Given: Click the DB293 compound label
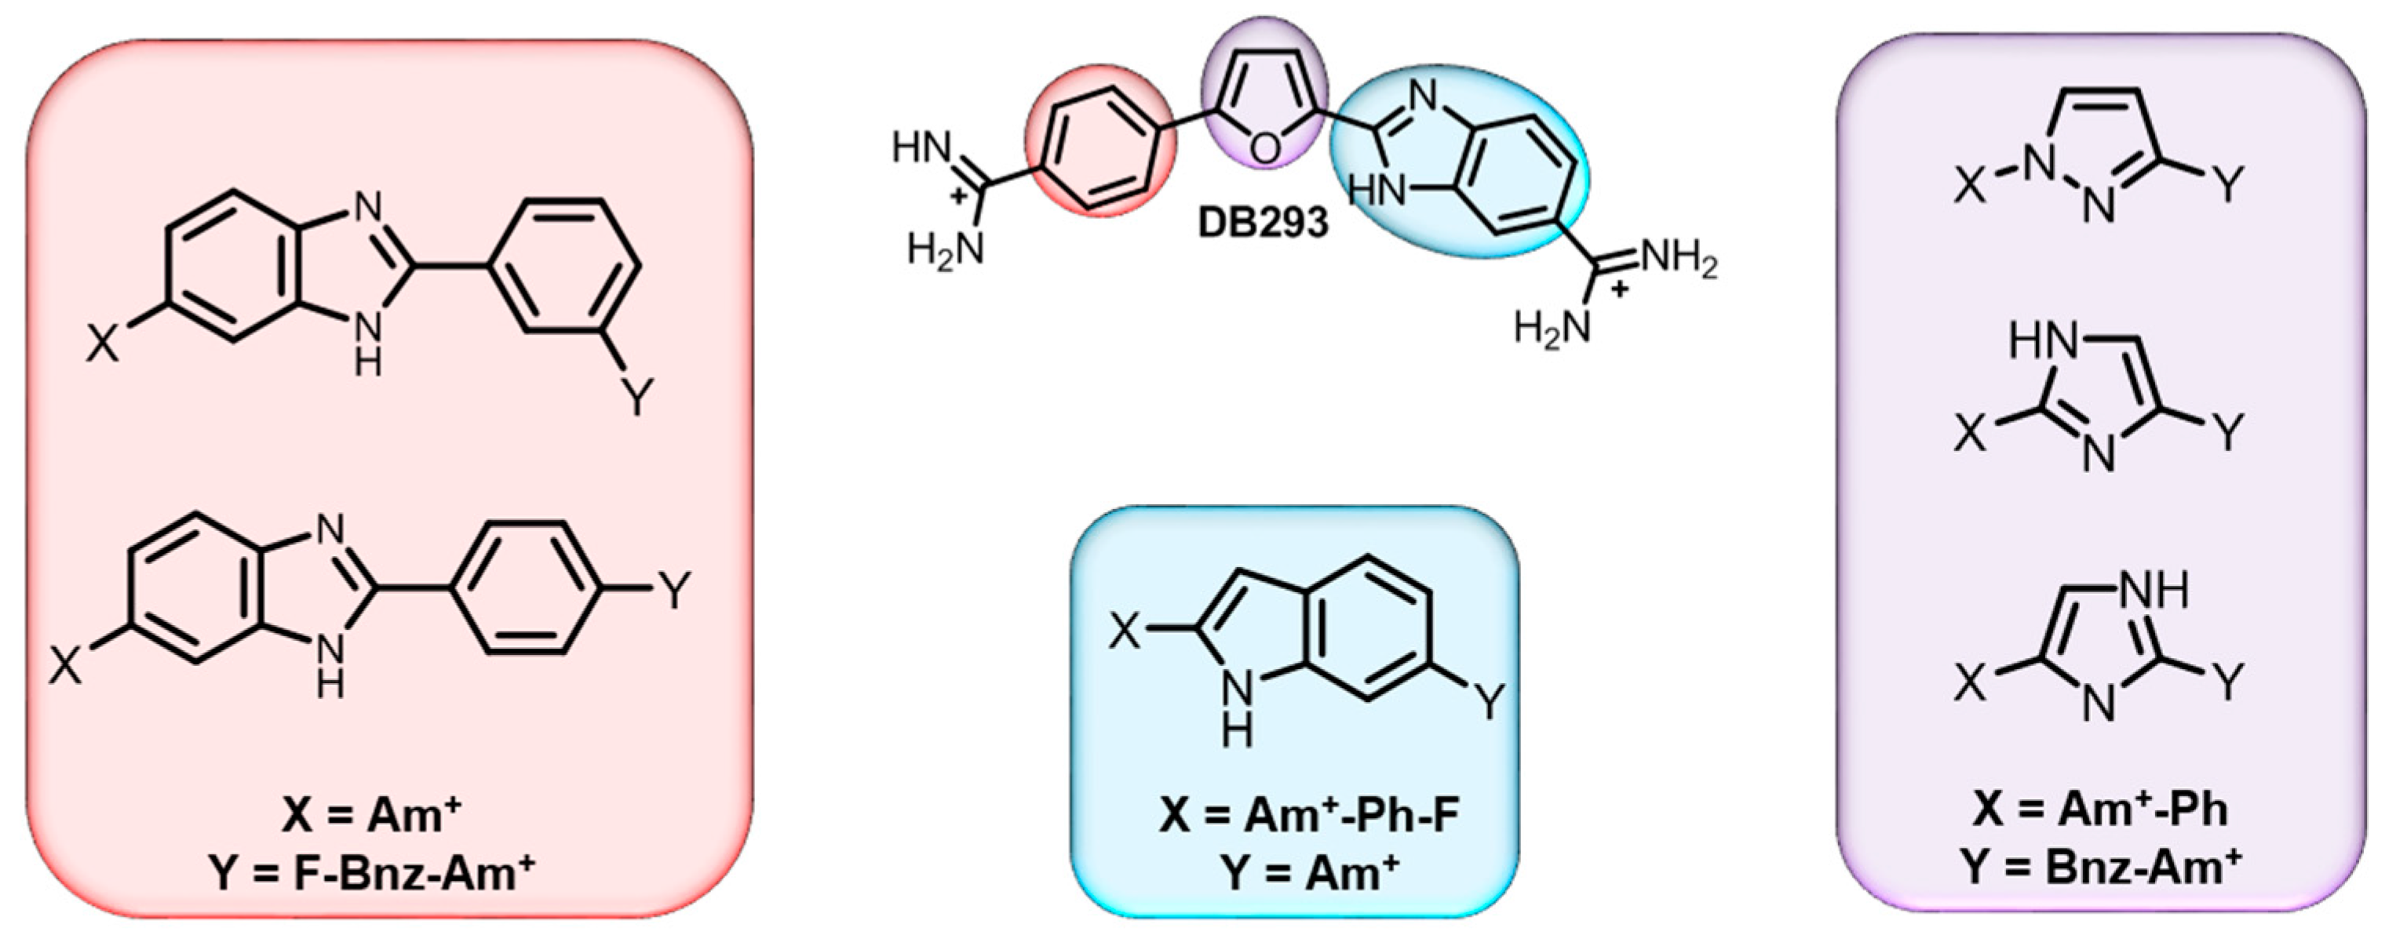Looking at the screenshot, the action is [1263, 224].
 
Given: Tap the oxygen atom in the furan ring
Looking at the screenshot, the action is [1264, 148].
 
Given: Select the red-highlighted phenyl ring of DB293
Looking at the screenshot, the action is [1101, 141].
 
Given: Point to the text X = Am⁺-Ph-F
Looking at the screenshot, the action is [1308, 817].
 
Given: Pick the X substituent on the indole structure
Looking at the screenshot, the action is [1125, 632].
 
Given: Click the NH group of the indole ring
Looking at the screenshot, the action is [1236, 713].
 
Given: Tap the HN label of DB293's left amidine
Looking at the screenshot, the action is [922, 148].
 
